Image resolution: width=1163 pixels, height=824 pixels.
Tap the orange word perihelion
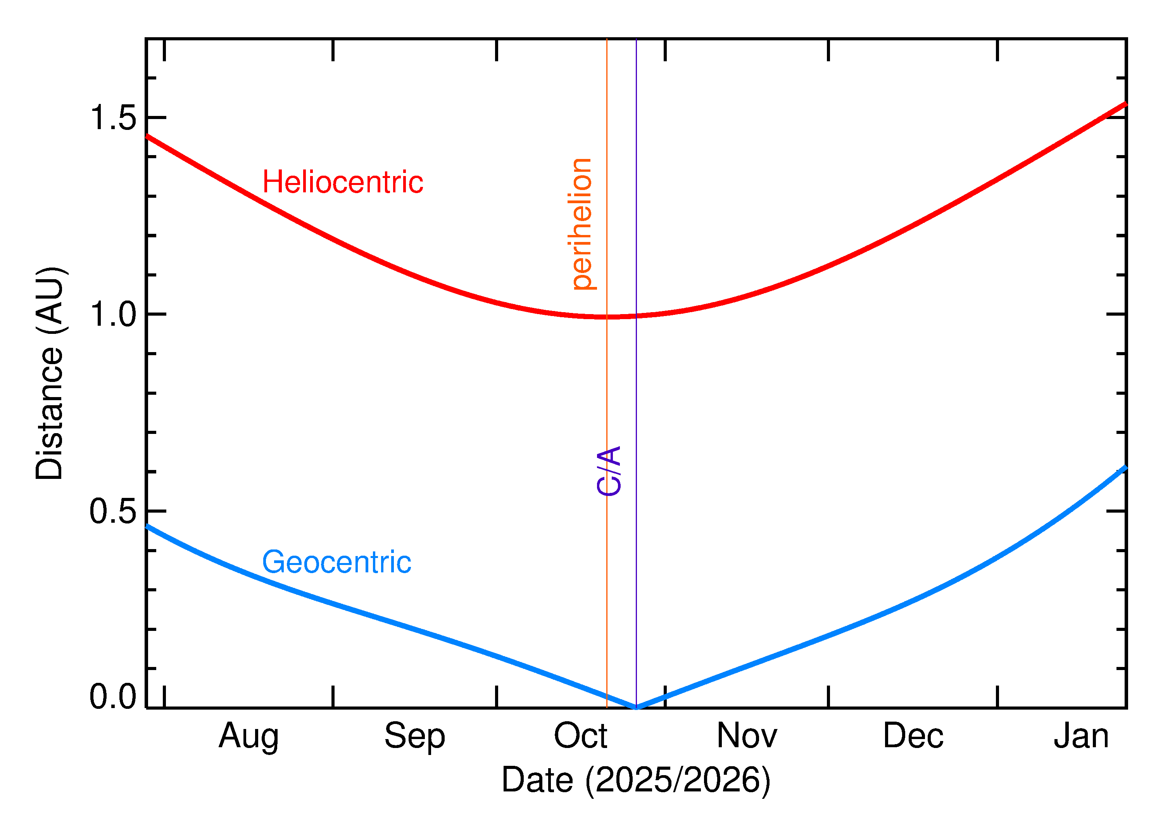pos(581,224)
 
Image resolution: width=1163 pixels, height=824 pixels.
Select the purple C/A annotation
pos(609,470)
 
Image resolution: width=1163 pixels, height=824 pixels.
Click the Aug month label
pos(248,736)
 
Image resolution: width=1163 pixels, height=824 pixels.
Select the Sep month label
pos(414,736)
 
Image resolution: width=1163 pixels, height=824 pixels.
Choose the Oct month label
pos(580,736)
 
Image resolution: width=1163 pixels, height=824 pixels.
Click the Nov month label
pos(747,736)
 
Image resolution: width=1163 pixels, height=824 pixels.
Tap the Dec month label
pos(913,736)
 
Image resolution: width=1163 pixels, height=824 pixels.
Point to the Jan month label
pos(1081,736)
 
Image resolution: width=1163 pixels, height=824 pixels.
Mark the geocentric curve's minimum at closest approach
pos(636,707)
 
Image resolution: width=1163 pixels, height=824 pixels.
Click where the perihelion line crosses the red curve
pos(607,317)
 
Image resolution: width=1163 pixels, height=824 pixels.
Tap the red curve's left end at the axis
pos(147,136)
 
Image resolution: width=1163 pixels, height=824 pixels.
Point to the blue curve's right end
pos(1125,467)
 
